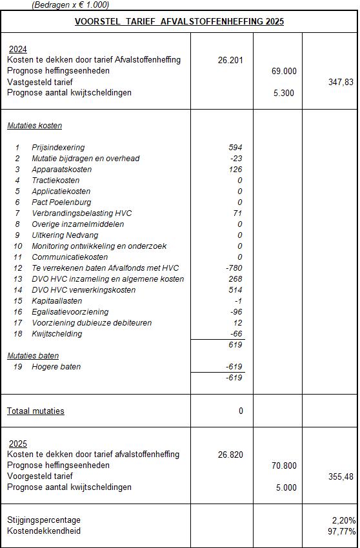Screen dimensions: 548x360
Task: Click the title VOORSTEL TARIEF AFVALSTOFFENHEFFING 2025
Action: [179, 21]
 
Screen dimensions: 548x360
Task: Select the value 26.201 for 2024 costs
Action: [230, 60]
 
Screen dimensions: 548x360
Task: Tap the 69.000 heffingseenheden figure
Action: [284, 71]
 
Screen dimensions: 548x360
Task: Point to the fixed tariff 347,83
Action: [341, 82]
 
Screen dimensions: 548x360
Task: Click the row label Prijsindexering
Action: [58, 148]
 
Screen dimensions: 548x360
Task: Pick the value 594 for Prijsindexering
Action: [235, 148]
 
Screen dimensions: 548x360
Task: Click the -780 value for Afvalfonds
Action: [234, 268]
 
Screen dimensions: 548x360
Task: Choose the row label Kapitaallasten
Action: [56, 301]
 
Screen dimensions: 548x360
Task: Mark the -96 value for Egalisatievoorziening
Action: [236, 312]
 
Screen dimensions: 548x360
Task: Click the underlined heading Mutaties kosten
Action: [35, 126]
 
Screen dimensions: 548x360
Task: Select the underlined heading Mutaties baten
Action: [33, 355]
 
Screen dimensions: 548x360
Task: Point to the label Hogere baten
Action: [56, 367]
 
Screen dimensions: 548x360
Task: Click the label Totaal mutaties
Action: [35, 411]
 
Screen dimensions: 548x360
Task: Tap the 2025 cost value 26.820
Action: [230, 454]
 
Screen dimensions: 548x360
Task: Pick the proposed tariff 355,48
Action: [341, 476]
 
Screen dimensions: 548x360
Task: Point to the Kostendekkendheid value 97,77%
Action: [341, 531]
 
